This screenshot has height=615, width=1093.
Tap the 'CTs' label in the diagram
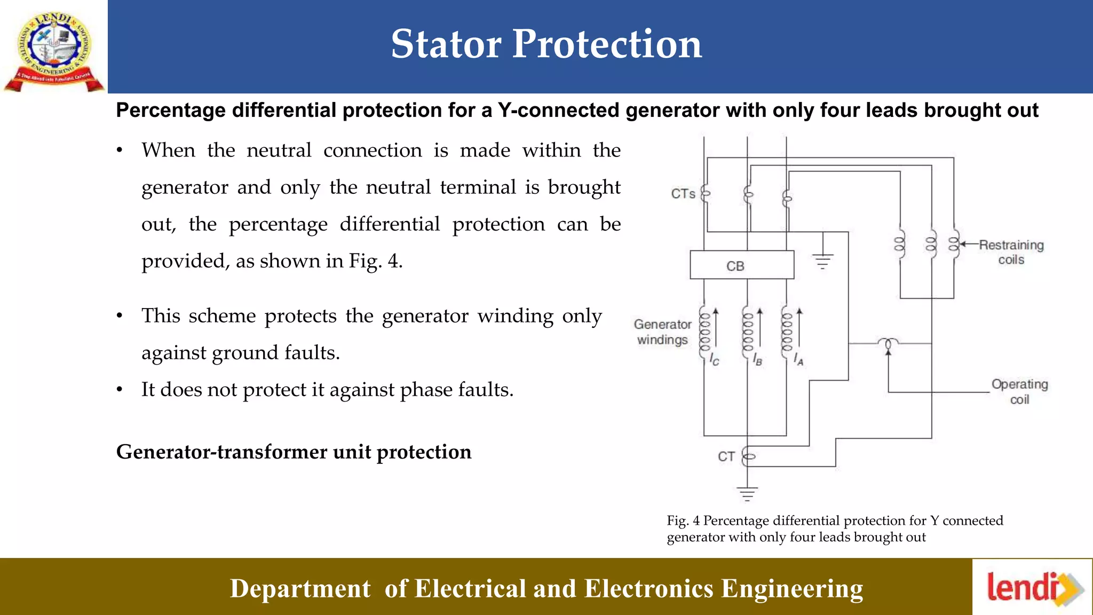click(x=683, y=194)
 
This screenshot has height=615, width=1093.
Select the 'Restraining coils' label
click(x=1011, y=252)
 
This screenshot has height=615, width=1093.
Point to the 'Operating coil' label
click(x=1019, y=391)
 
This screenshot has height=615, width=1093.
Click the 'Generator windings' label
click(x=662, y=332)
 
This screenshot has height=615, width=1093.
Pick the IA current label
click(x=798, y=359)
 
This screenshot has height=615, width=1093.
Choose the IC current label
click(x=715, y=360)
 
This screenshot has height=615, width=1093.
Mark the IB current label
click(x=757, y=360)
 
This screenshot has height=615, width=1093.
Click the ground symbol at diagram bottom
click(x=747, y=494)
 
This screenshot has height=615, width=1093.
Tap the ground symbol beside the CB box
click(x=822, y=262)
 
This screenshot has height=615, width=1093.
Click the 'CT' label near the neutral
click(x=726, y=456)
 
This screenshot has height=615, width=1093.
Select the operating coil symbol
click(x=889, y=343)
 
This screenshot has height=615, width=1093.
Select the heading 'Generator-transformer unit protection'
click(x=294, y=452)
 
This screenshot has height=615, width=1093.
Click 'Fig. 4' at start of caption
click(x=683, y=521)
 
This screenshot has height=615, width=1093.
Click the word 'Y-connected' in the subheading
click(x=559, y=111)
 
